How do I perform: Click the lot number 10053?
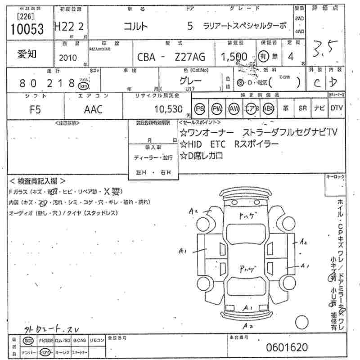click(x=26, y=29)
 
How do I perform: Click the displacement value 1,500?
click(x=234, y=56)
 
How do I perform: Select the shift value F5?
click(x=35, y=109)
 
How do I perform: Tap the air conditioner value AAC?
click(x=94, y=109)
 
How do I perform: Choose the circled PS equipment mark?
click(x=200, y=109)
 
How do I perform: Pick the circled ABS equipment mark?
click(x=268, y=109)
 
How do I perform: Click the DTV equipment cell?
click(x=337, y=108)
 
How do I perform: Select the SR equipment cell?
click(x=302, y=109)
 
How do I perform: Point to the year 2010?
click(x=68, y=58)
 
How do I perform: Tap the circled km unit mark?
click(x=83, y=85)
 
